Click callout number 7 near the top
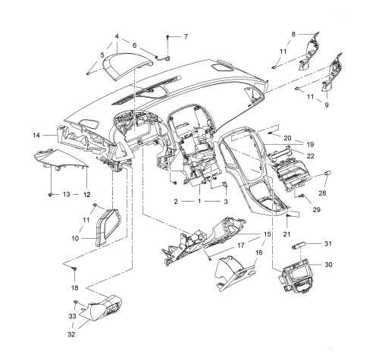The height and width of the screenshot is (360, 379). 186,36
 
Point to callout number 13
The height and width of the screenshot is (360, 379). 66,195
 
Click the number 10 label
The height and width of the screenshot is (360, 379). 75,237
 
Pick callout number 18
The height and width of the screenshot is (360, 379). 74,289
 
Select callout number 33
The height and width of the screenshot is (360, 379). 73,315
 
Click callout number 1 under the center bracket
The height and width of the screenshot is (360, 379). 199,202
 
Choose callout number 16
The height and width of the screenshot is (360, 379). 258,252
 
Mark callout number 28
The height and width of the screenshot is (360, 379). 321,194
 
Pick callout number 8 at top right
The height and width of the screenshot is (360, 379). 294,33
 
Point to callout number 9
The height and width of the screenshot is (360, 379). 328,106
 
